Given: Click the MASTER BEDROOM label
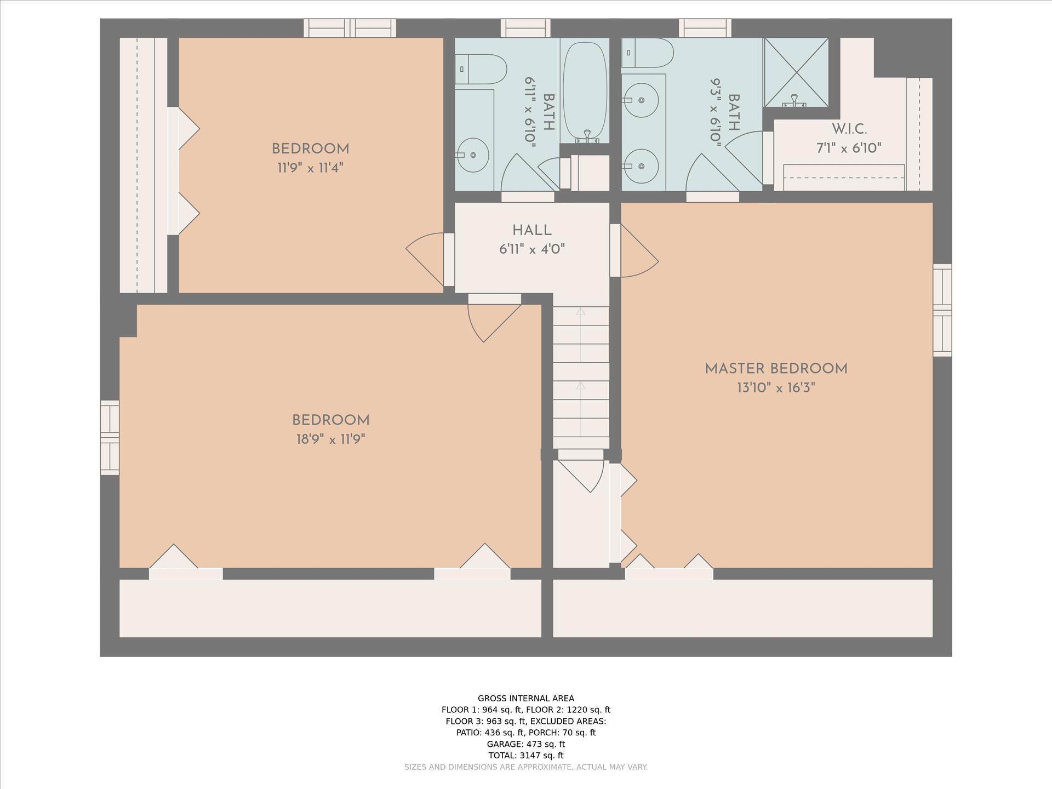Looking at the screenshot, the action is [776, 369].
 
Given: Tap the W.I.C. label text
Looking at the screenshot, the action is [849, 129].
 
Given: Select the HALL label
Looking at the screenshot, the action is [531, 231].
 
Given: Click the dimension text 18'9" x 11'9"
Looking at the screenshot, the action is [330, 439].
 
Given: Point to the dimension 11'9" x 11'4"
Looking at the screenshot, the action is [310, 168].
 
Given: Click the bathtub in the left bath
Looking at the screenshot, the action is [586, 91].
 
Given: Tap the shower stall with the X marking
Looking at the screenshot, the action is [796, 72].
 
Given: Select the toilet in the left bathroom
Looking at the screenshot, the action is [481, 69].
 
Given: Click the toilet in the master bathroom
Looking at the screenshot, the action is [647, 53].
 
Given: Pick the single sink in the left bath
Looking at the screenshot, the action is [472, 155].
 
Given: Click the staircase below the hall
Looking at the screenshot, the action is [581, 378].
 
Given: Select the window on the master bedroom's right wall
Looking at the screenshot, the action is [942, 310].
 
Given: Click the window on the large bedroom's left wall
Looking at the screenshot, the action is [110, 437].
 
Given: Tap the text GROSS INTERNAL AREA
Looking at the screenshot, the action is [526, 698].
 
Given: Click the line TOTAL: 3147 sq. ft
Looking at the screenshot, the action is [526, 756].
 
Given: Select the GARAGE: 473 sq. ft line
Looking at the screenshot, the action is [526, 744].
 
